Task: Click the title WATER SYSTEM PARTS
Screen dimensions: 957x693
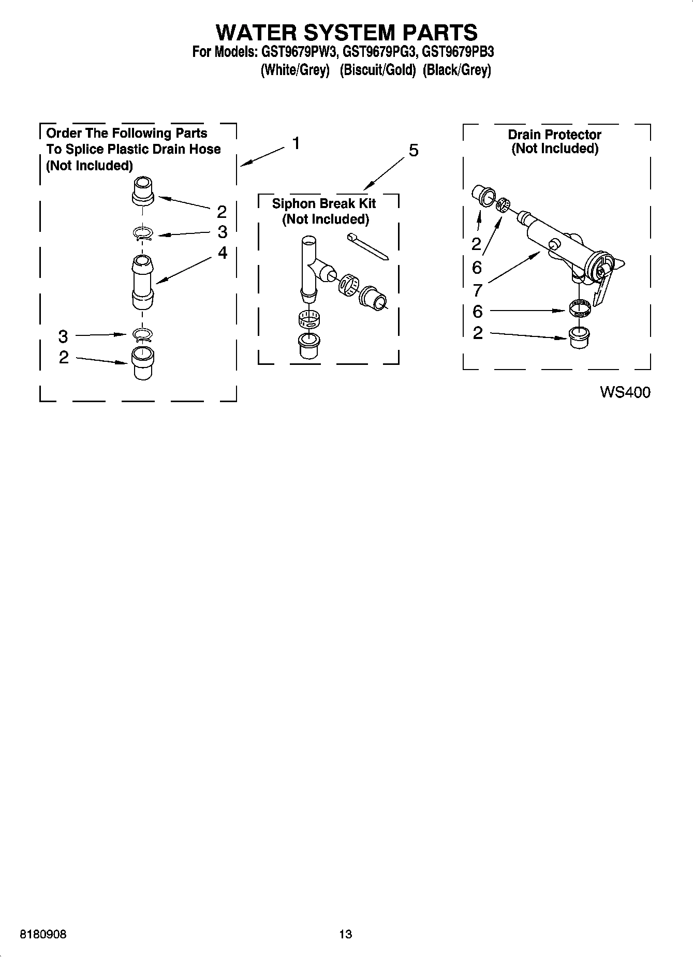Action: [x=346, y=32]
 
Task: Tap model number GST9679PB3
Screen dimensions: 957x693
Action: [x=458, y=52]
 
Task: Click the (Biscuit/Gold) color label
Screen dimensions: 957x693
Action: [x=377, y=70]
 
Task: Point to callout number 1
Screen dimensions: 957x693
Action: [x=296, y=143]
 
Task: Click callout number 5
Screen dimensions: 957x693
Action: [x=413, y=151]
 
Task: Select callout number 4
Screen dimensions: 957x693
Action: [x=222, y=253]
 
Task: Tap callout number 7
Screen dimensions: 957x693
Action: [x=477, y=290]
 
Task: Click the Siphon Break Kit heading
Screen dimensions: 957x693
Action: [x=324, y=203]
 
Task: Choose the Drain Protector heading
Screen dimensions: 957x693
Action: [x=554, y=135]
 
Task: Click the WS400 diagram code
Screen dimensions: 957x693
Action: [x=625, y=392]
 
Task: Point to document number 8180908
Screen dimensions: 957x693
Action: [x=43, y=934]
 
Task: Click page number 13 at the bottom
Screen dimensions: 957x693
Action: [x=345, y=934]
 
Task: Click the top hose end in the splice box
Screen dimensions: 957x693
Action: [x=143, y=190]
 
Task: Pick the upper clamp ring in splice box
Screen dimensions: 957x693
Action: [x=143, y=234]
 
